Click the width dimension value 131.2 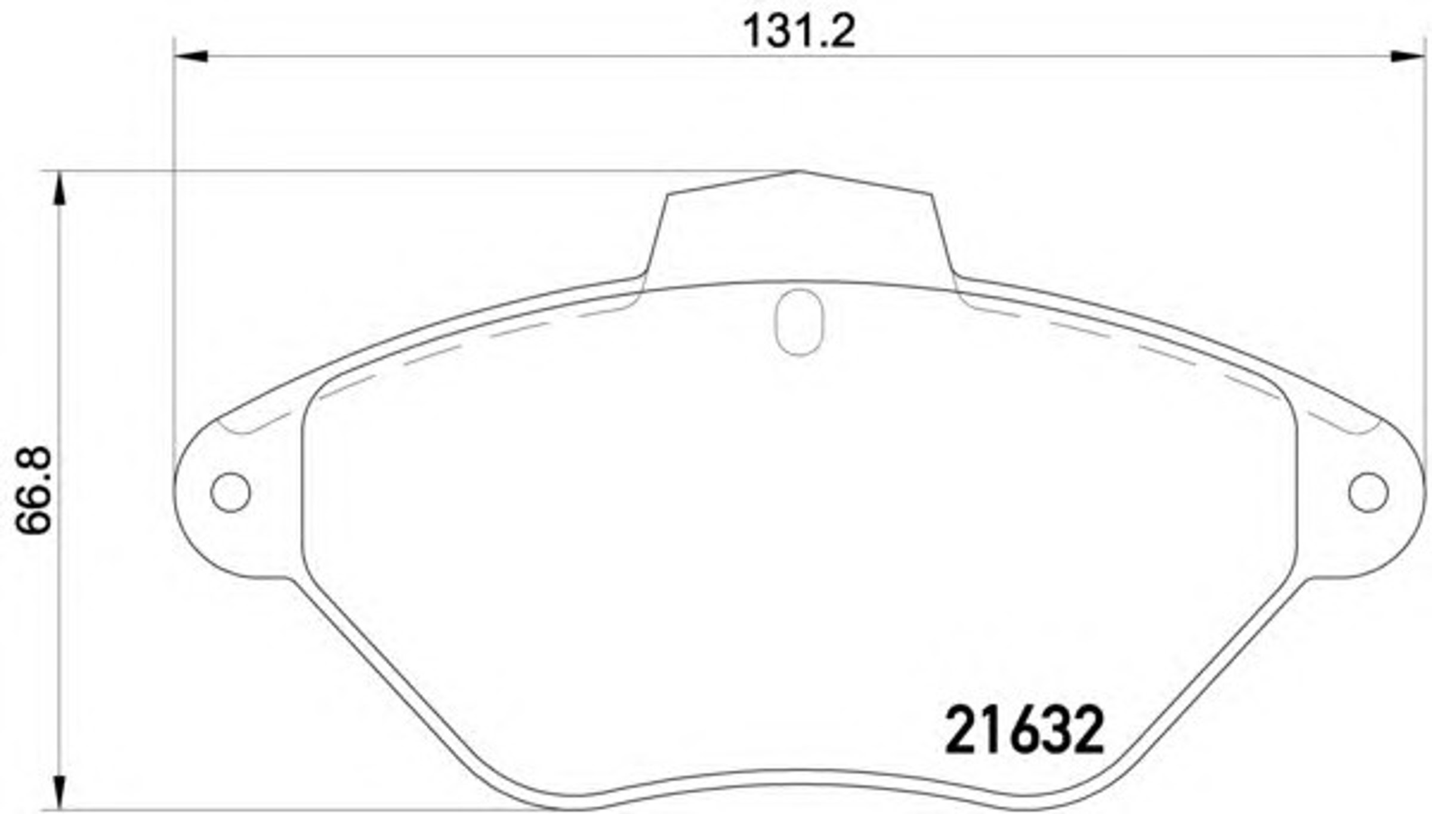799,32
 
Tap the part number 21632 1024,730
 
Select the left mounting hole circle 230,492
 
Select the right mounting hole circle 1368,492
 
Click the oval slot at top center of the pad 799,322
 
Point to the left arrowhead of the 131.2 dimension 190,56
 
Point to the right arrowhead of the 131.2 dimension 1408,56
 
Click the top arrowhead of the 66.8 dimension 58,188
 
